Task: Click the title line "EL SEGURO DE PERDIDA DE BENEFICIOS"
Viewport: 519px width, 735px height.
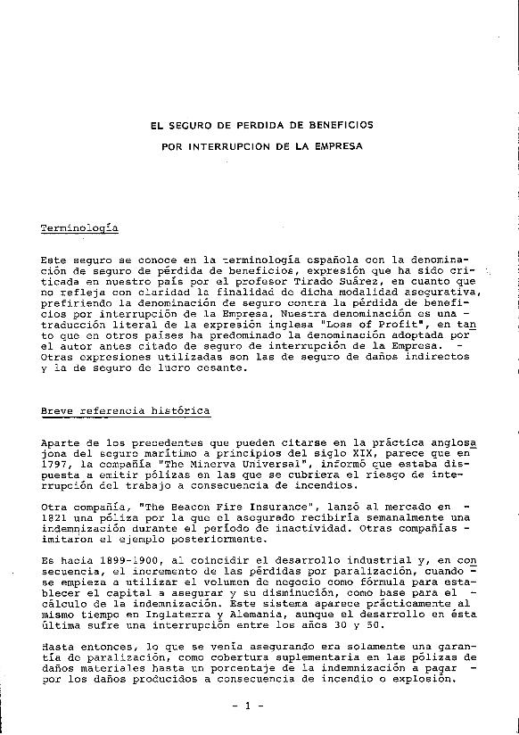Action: pos(261,125)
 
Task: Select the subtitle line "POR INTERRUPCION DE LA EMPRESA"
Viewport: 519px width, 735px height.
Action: pos(261,144)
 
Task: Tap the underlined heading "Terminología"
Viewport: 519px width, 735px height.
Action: pos(79,229)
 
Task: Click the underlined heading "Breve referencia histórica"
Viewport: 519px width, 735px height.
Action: pos(126,411)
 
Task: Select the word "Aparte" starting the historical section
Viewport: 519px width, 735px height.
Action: pos(62,442)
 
